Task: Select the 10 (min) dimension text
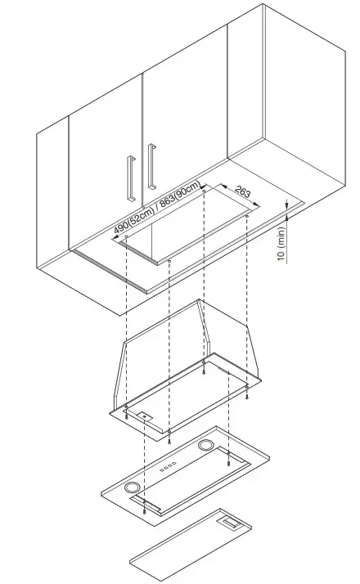[281, 245]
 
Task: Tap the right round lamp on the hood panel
[206, 445]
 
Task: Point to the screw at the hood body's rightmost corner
[247, 396]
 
